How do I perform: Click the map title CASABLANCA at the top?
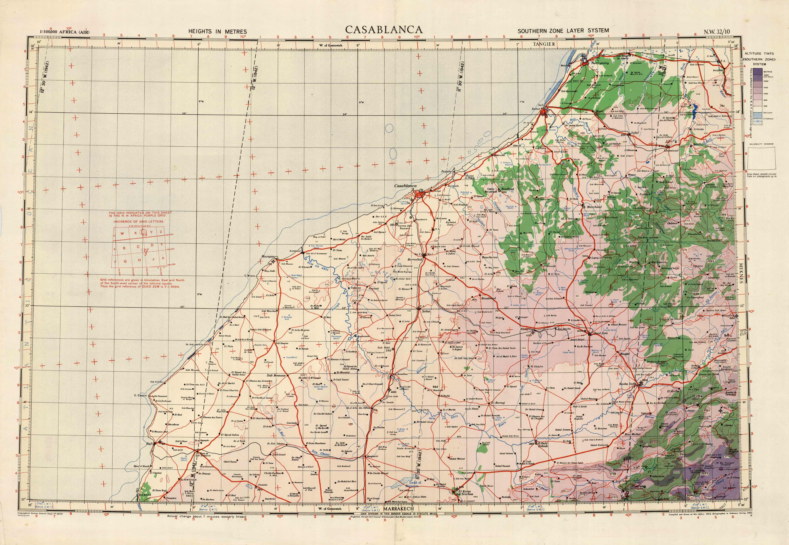tap(384, 30)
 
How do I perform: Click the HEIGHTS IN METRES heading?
tap(218, 31)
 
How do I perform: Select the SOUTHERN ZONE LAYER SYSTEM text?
tap(563, 31)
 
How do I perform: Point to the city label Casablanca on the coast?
tap(405, 186)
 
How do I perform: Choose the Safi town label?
tap(149, 444)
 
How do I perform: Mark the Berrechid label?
tap(415, 260)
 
